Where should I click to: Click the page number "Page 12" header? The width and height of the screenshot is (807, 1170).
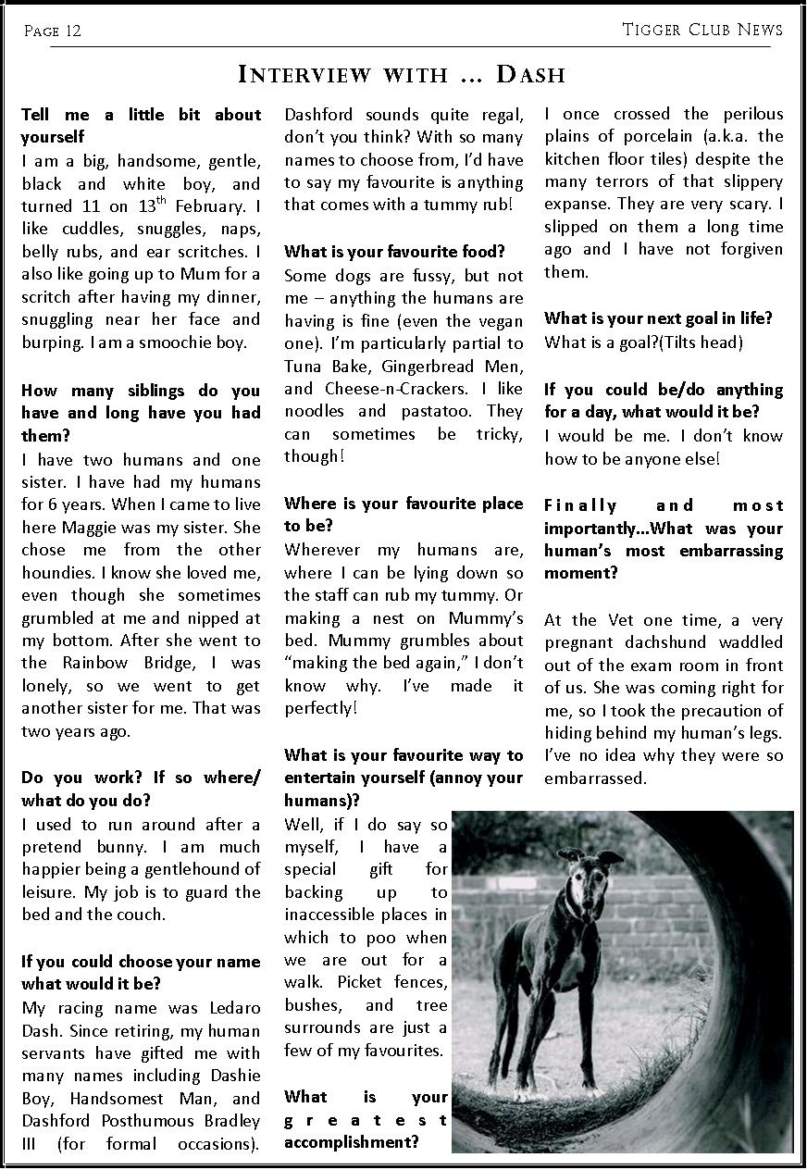[x=53, y=31]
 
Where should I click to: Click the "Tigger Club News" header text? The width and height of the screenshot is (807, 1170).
[x=702, y=30]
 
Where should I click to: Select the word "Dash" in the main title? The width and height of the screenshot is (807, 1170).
[x=529, y=75]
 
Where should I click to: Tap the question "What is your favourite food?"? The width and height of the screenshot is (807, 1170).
[x=394, y=252]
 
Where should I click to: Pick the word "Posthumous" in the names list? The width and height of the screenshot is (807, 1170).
[x=141, y=1120]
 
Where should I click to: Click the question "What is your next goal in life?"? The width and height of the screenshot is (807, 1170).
[x=658, y=318]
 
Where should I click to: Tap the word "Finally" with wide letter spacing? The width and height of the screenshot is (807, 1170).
[x=580, y=505]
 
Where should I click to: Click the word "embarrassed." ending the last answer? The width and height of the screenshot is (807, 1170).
[x=595, y=778]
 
